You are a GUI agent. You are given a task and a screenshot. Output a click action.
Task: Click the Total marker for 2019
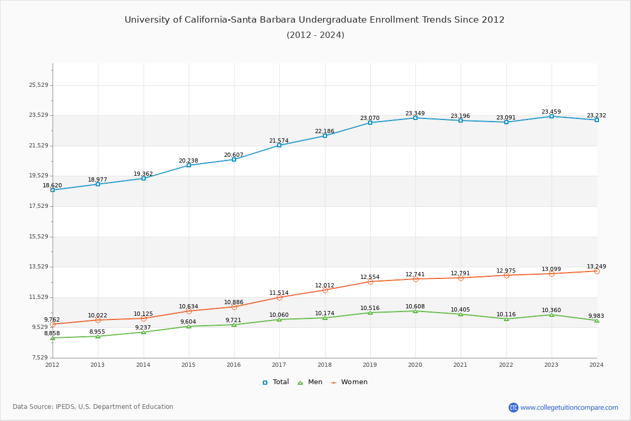pyautogui.click(x=370, y=123)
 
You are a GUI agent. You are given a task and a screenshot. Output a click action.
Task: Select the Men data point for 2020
pyautogui.click(x=415, y=311)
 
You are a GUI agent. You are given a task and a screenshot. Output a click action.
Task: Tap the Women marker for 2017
pyautogui.click(x=279, y=297)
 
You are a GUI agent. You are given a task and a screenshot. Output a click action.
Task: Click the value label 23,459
pyautogui.click(x=551, y=112)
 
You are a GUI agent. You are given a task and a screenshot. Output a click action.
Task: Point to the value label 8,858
pyautogui.click(x=52, y=334)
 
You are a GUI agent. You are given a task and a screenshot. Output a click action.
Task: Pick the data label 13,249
pyautogui.click(x=596, y=267)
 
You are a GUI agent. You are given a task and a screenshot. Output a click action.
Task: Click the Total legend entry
pyautogui.click(x=276, y=382)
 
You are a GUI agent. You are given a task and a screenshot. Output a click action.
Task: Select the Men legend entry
pyautogui.click(x=311, y=382)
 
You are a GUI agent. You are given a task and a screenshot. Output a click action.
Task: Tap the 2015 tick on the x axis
pyautogui.click(x=188, y=365)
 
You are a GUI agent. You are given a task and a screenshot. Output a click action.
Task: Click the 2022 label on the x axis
pyautogui.click(x=506, y=365)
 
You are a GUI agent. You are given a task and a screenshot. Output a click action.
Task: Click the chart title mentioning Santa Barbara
pyautogui.click(x=314, y=20)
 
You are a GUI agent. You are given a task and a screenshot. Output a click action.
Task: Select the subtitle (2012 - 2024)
pyautogui.click(x=315, y=35)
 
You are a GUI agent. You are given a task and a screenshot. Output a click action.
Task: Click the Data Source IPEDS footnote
pyautogui.click(x=93, y=407)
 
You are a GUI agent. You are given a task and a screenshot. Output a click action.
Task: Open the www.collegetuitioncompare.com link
pyautogui.click(x=569, y=407)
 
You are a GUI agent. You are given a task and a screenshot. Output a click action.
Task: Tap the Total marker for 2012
pyautogui.click(x=53, y=190)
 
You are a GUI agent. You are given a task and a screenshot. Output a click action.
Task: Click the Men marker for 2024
pyautogui.click(x=597, y=320)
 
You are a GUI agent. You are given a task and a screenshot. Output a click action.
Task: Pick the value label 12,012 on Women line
pyautogui.click(x=324, y=286)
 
